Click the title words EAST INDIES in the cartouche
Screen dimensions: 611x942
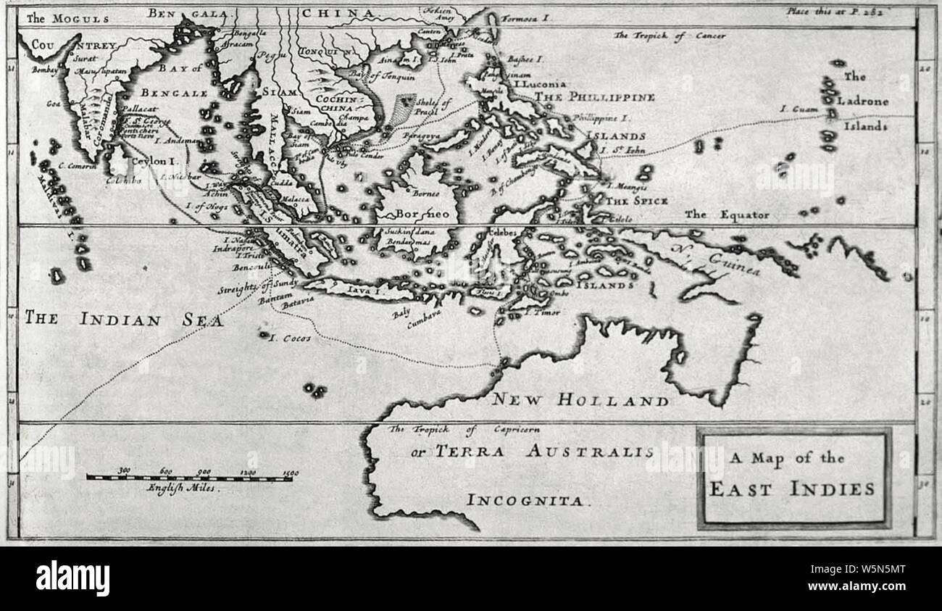click(791, 489)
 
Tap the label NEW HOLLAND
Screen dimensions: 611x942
click(580, 399)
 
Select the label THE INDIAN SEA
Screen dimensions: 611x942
click(124, 319)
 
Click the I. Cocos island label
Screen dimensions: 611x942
click(290, 338)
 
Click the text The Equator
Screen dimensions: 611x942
click(727, 215)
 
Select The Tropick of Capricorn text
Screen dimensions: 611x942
click(464, 429)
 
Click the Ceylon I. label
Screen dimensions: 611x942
click(153, 160)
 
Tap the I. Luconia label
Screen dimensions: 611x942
click(540, 84)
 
